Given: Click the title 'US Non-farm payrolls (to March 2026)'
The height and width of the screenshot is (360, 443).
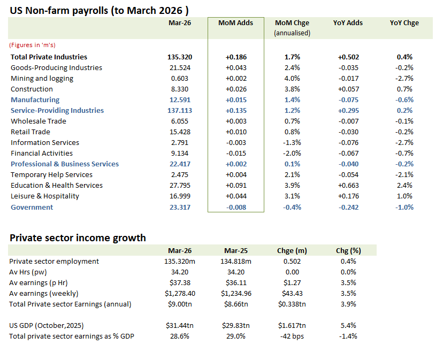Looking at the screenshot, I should [99, 10].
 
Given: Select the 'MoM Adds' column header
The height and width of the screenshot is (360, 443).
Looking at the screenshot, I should [235, 23].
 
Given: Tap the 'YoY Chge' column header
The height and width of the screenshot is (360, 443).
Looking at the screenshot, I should [404, 23].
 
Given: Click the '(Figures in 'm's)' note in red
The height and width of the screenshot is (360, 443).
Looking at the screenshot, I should [32, 45].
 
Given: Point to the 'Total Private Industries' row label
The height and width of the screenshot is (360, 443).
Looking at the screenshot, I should [49, 57].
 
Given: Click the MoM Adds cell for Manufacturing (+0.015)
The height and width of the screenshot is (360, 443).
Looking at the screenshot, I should [236, 99].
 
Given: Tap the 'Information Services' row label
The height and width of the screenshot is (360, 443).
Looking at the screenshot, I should [45, 142].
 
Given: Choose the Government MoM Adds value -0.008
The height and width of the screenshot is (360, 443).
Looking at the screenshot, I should [236, 207].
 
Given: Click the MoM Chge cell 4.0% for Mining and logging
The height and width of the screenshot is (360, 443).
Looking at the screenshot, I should [292, 78].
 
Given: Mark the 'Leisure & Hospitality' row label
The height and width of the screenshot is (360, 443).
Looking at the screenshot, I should [45, 196].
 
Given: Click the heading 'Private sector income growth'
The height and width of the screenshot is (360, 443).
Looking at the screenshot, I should [78, 238].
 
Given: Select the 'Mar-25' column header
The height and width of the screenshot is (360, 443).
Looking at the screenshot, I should [236, 250].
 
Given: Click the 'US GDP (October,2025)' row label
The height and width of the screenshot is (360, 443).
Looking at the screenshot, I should [47, 325].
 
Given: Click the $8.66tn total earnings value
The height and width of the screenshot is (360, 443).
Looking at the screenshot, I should [236, 304].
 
